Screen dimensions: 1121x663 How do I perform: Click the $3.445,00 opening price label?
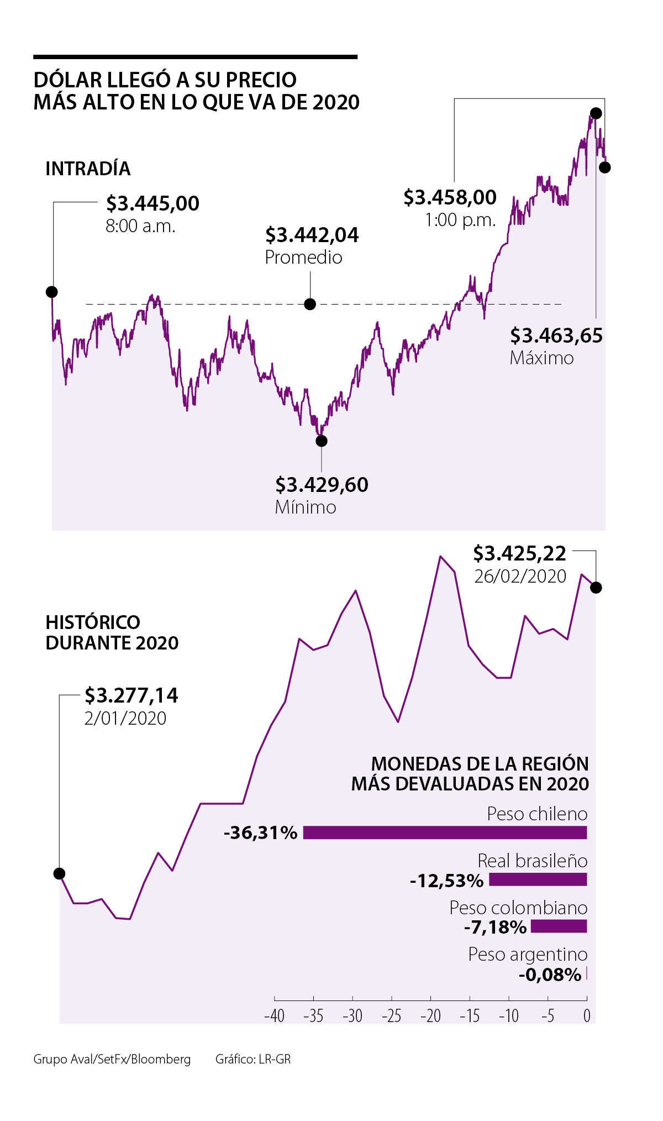pyautogui.click(x=152, y=203)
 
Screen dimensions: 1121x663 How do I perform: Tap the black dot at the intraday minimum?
pyautogui.click(x=322, y=441)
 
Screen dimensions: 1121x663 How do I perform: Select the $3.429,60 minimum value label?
pyautogui.click(x=322, y=485)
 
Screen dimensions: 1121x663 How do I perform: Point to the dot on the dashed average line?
pyautogui.click(x=311, y=304)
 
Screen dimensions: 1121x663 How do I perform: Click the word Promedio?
pyautogui.click(x=303, y=258)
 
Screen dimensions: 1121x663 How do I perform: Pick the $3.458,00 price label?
pyautogui.click(x=450, y=197)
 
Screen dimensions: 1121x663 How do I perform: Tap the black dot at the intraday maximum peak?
pyautogui.click(x=596, y=113)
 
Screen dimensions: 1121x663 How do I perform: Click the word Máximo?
pyautogui.click(x=541, y=358)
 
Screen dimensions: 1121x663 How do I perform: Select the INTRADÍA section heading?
pyautogui.click(x=88, y=169)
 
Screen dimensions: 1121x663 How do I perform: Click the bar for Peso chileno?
pyautogui.click(x=445, y=832)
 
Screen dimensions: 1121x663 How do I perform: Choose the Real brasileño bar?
pyautogui.click(x=538, y=879)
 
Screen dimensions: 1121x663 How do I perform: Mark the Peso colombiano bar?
pyautogui.click(x=559, y=926)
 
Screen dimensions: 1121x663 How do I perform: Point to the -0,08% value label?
pyautogui.click(x=550, y=975)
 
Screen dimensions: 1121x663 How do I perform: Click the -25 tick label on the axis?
pyautogui.click(x=391, y=1016)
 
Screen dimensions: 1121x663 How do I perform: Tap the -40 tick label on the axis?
pyautogui.click(x=274, y=1016)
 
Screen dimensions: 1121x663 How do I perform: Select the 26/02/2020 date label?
pyautogui.click(x=520, y=577)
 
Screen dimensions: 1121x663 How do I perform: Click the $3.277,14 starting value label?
pyautogui.click(x=131, y=695)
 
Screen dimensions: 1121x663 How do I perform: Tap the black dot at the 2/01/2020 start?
pyautogui.click(x=60, y=873)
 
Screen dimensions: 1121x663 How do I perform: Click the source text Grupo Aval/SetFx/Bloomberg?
pyautogui.click(x=112, y=1059)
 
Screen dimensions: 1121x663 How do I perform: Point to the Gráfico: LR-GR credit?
pyautogui.click(x=253, y=1059)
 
